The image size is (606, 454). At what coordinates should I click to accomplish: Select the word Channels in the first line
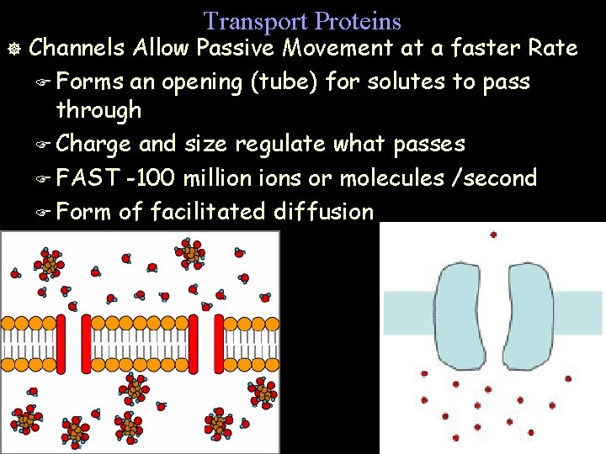click(x=78, y=48)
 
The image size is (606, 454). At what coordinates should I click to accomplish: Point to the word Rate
click(x=553, y=48)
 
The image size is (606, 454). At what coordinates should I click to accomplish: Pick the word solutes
click(x=392, y=82)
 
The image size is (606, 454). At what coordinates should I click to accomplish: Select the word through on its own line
click(x=98, y=110)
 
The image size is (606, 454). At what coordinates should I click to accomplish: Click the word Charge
click(x=93, y=144)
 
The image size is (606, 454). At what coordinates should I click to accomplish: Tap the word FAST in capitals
click(x=89, y=178)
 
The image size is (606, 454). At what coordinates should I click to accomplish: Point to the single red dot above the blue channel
click(x=493, y=235)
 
